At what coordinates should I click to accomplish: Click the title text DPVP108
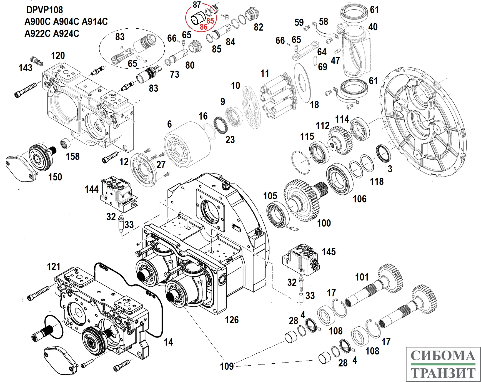click(x=44, y=10)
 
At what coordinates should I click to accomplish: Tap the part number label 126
click(x=232, y=320)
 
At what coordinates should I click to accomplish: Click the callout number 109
click(x=227, y=366)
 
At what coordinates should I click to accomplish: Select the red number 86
click(x=204, y=27)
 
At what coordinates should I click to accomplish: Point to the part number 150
click(x=55, y=177)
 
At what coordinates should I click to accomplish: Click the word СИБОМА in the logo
click(x=443, y=356)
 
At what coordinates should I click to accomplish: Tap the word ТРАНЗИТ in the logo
click(x=443, y=373)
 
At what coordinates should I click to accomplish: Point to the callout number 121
click(x=54, y=267)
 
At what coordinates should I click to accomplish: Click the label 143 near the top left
click(x=25, y=68)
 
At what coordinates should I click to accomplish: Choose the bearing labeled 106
click(x=339, y=179)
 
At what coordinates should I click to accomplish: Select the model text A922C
click(x=37, y=34)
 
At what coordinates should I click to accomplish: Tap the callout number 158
click(x=73, y=157)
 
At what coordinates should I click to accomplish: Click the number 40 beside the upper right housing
click(x=373, y=27)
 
